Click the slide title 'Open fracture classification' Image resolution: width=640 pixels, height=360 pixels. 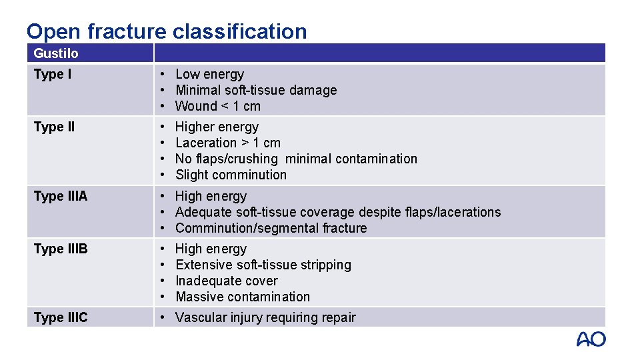(x=167, y=31)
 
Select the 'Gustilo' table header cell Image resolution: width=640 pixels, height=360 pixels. (x=56, y=53)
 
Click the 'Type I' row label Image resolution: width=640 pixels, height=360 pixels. (x=52, y=74)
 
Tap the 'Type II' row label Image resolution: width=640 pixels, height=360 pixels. (x=54, y=127)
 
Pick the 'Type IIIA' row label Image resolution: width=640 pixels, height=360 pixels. (x=60, y=196)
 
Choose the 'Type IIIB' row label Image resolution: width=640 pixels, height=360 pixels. (x=60, y=249)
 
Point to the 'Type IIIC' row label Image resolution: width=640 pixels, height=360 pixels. (x=60, y=317)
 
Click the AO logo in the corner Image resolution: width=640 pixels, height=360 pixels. (x=591, y=339)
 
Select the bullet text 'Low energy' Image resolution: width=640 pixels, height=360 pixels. (x=209, y=74)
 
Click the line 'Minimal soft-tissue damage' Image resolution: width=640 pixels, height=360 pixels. (x=256, y=90)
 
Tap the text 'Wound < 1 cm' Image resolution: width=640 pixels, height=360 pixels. (x=218, y=106)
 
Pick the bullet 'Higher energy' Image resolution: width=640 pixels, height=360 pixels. (x=217, y=127)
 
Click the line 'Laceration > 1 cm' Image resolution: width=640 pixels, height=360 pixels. (x=228, y=143)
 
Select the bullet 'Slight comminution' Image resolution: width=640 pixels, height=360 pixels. (x=231, y=175)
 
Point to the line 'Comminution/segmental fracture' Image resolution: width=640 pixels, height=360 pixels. (x=271, y=228)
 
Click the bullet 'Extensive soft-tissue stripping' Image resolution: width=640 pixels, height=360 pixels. (x=263, y=265)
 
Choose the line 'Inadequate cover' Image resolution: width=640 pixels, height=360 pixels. (x=226, y=281)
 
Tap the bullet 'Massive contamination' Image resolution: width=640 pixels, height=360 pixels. (x=243, y=297)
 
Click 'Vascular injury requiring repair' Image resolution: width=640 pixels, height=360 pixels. (x=265, y=317)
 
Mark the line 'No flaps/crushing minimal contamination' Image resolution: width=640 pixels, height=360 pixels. (x=296, y=159)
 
